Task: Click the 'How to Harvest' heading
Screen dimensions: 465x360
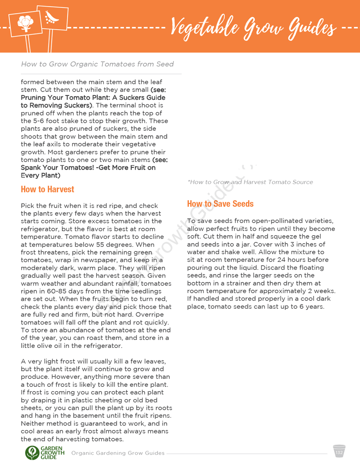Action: click(47, 189)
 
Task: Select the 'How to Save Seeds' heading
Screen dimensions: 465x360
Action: click(220, 204)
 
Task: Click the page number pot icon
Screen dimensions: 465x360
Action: click(339, 452)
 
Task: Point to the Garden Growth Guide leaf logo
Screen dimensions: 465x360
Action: click(32, 453)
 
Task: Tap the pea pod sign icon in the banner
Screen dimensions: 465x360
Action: click(52, 17)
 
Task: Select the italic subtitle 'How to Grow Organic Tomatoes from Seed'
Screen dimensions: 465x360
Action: click(97, 64)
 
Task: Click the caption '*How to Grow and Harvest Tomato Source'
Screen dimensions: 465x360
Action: click(250, 182)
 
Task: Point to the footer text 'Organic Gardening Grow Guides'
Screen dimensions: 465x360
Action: click(118, 453)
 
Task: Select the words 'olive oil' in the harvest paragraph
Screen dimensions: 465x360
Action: click(53, 346)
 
